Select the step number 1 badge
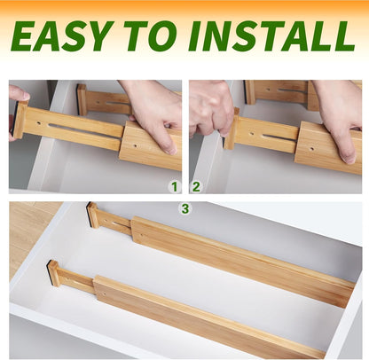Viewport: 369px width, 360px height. [175, 186]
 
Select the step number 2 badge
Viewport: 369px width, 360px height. [197, 186]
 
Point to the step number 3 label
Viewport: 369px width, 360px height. [184, 208]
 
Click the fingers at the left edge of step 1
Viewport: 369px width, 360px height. [16, 95]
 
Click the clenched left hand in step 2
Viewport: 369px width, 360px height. [211, 106]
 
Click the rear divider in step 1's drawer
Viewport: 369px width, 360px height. [102, 101]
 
